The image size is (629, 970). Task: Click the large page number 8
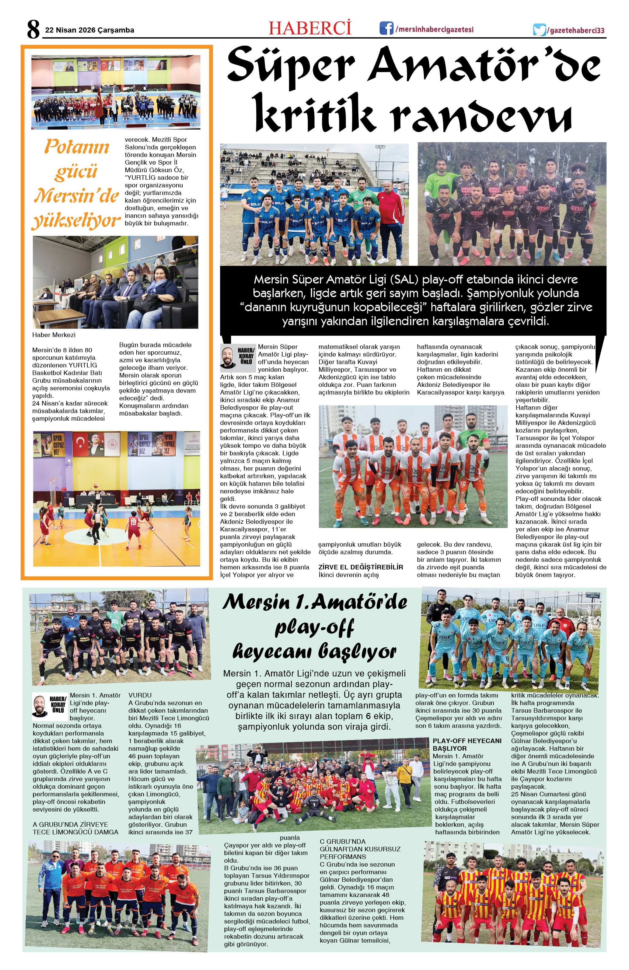tap(33, 29)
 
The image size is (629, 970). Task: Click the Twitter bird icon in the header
tap(539, 30)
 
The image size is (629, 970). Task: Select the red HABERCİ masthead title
tap(310, 28)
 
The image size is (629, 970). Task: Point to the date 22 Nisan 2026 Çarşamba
tap(89, 30)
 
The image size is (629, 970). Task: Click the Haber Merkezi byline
tap(54, 335)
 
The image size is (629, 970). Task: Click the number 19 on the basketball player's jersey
tap(133, 521)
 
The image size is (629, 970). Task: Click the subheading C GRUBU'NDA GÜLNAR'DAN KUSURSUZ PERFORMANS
tap(360, 849)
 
